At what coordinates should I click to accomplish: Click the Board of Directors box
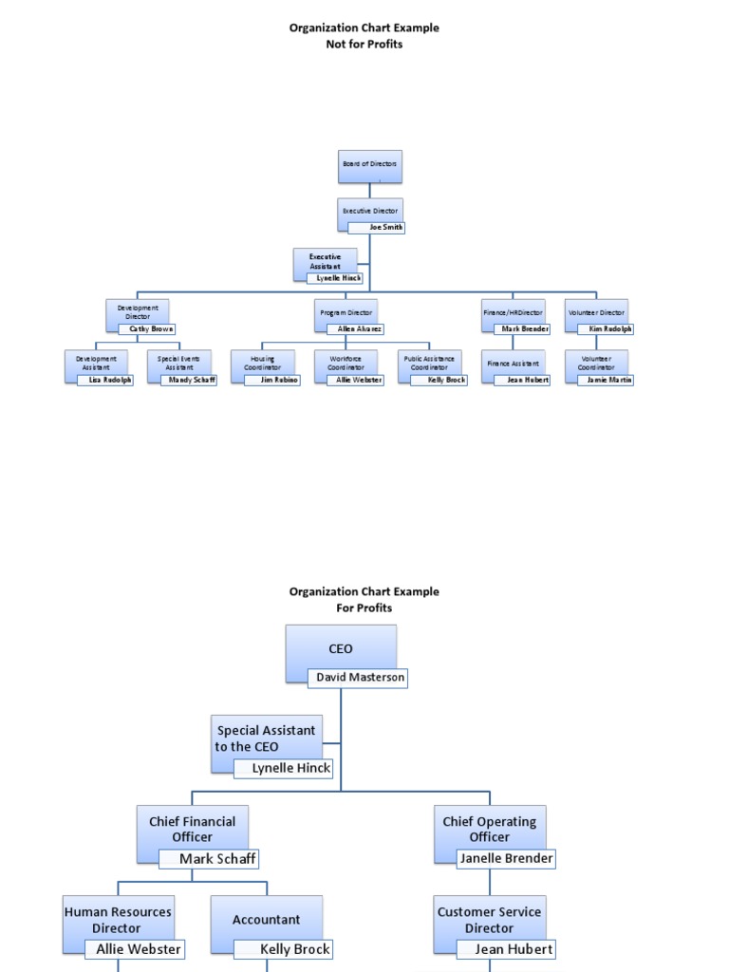click(x=370, y=165)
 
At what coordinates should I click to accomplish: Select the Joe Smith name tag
click(x=376, y=228)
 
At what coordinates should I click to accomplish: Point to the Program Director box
click(x=346, y=311)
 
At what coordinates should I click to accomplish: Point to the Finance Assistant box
click(x=513, y=363)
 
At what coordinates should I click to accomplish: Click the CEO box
click(x=341, y=648)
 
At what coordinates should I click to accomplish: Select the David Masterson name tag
click(x=358, y=677)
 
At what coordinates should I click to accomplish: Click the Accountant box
click(x=266, y=919)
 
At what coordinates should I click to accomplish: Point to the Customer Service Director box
click(x=489, y=919)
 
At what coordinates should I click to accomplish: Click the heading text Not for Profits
click(x=364, y=44)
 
